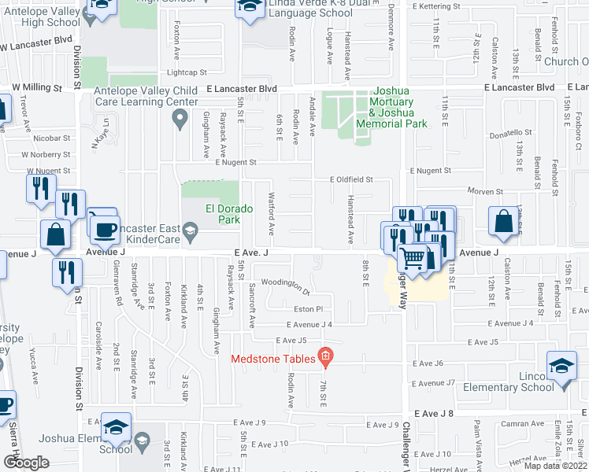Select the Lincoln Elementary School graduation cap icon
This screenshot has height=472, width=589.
(x=562, y=367)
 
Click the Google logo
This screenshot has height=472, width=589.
(x=25, y=462)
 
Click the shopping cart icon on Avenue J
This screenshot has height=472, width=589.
(x=412, y=257)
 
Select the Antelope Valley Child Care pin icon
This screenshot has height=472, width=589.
(x=180, y=119)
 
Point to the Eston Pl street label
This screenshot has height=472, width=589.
(x=308, y=310)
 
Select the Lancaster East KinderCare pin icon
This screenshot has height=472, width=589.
(x=190, y=230)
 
